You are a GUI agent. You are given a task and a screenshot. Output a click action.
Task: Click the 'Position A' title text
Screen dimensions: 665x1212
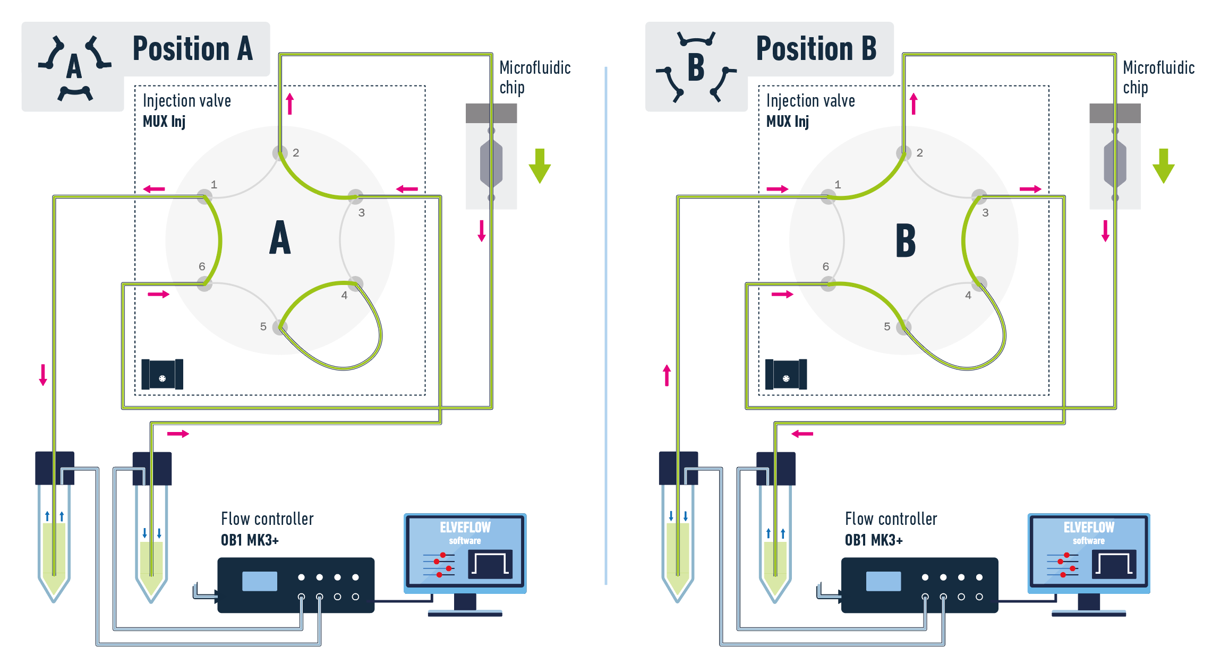pyautogui.click(x=192, y=49)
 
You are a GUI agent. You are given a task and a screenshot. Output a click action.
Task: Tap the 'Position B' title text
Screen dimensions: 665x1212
pyautogui.click(x=816, y=49)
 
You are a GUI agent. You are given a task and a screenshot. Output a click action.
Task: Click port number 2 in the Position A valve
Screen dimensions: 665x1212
pyautogui.click(x=296, y=153)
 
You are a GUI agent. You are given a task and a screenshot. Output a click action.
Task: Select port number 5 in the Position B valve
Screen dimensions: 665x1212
pyautogui.click(x=887, y=326)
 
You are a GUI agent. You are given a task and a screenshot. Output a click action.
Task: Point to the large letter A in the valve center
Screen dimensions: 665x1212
pyautogui.click(x=280, y=238)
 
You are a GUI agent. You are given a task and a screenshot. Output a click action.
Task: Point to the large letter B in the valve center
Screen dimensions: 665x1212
pyautogui.click(x=906, y=240)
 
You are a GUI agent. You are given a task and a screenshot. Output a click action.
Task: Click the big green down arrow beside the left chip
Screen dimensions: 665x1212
pyautogui.click(x=540, y=166)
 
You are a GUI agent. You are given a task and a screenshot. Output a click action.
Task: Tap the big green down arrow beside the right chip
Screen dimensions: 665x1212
pyautogui.click(x=1163, y=166)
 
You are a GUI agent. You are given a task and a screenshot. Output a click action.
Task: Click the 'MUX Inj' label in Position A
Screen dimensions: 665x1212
pyautogui.click(x=164, y=122)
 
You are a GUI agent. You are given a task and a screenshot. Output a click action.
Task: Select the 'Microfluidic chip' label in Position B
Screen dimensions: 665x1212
pyautogui.click(x=1158, y=77)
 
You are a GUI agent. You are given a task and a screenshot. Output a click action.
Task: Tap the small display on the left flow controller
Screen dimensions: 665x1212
pyautogui.click(x=259, y=581)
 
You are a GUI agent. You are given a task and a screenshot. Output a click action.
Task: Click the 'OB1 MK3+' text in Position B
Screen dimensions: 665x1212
pyautogui.click(x=873, y=540)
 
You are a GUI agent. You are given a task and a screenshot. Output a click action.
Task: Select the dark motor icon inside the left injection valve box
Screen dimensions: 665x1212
pyautogui.click(x=162, y=374)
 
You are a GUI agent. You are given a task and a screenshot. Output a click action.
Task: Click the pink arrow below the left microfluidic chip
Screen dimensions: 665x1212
pyautogui.click(x=482, y=230)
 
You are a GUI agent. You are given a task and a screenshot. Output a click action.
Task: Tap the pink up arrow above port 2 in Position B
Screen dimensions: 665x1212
pyautogui.click(x=914, y=103)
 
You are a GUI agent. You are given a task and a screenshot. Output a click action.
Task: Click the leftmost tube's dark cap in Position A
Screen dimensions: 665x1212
pyautogui.click(x=54, y=468)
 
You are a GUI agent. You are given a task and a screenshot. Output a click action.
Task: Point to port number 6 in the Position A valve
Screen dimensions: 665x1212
pyautogui.click(x=202, y=266)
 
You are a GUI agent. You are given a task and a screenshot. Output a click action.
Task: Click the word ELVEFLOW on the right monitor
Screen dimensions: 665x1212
pyautogui.click(x=1089, y=527)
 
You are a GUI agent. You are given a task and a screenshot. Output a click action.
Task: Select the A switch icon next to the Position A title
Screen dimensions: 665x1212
pyautogui.click(x=74, y=67)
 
